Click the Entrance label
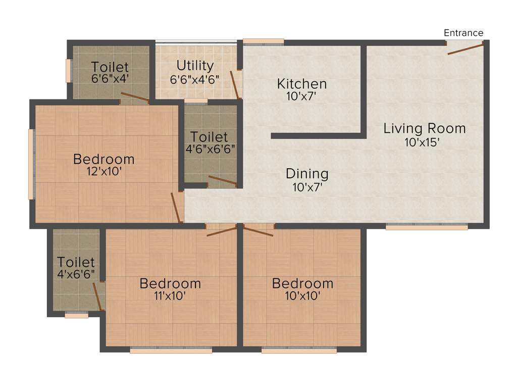click(463, 33)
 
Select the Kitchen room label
click(302, 83)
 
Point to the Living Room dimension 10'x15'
click(424, 142)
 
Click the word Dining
click(307, 174)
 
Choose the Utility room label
click(195, 66)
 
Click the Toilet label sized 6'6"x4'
click(110, 67)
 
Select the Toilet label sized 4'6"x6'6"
click(209, 137)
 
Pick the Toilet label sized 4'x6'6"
click(76, 262)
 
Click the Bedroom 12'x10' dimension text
click(104, 172)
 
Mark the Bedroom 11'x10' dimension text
click(170, 296)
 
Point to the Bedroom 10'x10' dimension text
click(302, 296)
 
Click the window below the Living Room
click(427, 227)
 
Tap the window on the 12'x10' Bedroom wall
click(31, 164)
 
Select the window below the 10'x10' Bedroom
click(299, 350)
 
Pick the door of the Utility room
click(235, 84)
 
